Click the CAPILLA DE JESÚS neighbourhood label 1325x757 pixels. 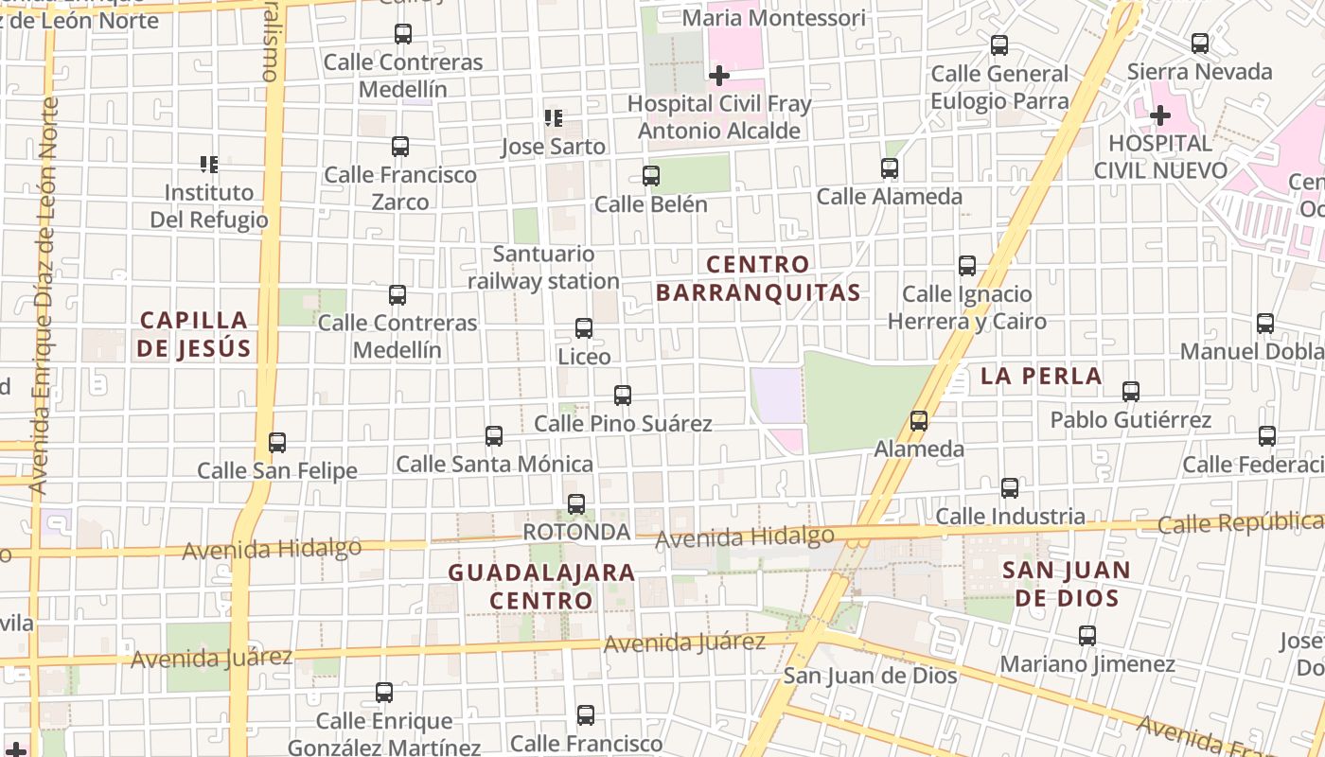[x=194, y=334]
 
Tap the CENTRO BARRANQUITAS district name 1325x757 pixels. [x=758, y=278]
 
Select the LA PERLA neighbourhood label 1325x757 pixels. [x=1041, y=376]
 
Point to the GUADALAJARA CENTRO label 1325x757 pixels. [x=541, y=586]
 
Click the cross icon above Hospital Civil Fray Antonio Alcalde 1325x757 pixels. [x=719, y=75]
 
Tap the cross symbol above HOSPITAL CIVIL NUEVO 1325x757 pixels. [x=1160, y=115]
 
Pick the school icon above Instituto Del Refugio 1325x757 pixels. [x=209, y=165]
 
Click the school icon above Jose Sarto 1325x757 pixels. [x=554, y=118]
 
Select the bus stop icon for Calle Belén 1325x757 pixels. [x=651, y=175]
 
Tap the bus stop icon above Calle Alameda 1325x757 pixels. [x=890, y=168]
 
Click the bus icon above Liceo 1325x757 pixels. [x=584, y=328]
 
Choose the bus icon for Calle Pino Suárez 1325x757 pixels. [x=623, y=395]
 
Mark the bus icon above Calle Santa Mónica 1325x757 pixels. [x=494, y=436]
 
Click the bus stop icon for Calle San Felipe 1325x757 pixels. [x=277, y=442]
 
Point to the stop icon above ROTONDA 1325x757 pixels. [x=576, y=504]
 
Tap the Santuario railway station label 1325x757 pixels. [x=544, y=268]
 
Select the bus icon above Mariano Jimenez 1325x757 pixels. [x=1087, y=636]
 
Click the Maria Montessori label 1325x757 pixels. [x=773, y=18]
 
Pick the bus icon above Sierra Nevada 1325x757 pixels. [x=1200, y=44]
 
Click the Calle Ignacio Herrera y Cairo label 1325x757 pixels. [x=967, y=308]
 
